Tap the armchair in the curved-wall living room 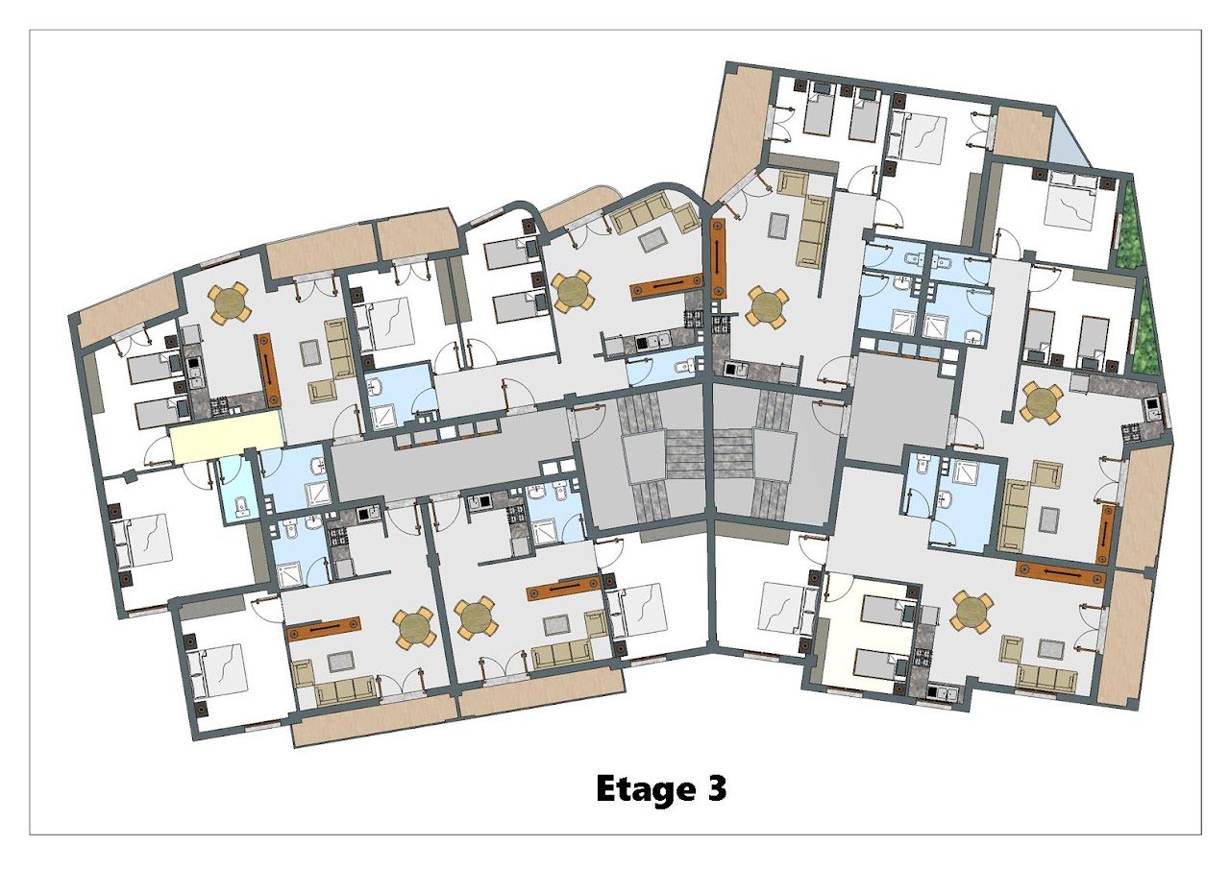(x=686, y=218)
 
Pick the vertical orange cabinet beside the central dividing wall (x=718, y=259)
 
